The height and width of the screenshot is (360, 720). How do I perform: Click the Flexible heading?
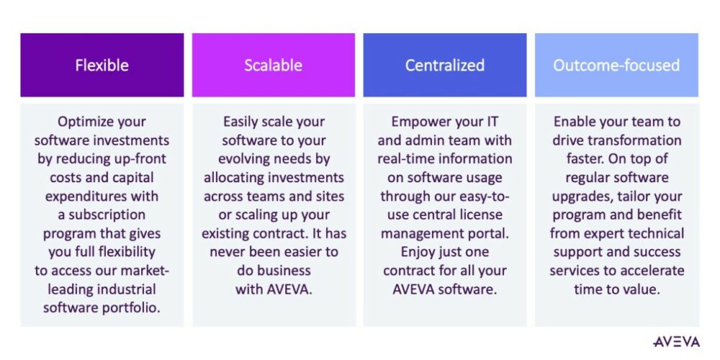point(102,66)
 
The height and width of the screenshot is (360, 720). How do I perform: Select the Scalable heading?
point(273,66)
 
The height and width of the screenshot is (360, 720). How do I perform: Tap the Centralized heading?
point(444,66)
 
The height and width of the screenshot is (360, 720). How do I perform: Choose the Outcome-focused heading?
point(616,66)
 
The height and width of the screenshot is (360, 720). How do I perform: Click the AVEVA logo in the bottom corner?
point(675,341)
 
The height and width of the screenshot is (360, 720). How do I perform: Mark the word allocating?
point(239,178)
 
